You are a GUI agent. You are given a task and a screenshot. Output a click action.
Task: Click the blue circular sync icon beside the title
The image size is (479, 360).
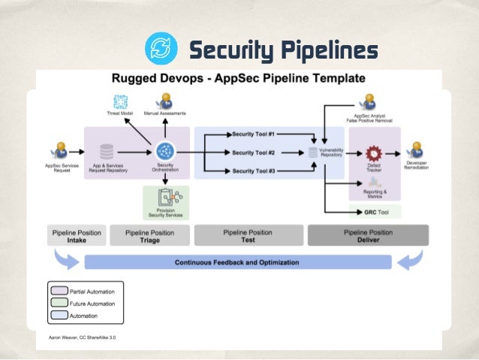161,49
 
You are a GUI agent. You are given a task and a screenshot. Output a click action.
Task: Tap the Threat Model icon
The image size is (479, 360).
120,101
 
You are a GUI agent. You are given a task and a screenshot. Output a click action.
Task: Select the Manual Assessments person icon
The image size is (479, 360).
164,101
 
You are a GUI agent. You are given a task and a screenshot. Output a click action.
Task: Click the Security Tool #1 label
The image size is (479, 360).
254,134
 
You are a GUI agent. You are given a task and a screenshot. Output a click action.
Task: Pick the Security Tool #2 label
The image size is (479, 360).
254,153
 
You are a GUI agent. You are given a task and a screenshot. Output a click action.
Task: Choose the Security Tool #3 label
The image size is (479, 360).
254,171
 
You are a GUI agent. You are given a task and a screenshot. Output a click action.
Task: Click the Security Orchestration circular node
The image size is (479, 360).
164,151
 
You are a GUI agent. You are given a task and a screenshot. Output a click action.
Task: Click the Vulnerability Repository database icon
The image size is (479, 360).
313,153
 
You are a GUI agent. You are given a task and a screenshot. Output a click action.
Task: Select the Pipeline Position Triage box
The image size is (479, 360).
149,235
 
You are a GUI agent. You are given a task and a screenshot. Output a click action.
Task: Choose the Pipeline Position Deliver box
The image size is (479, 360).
368,235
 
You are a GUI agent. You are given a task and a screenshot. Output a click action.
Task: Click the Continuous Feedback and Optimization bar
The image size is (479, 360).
237,262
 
